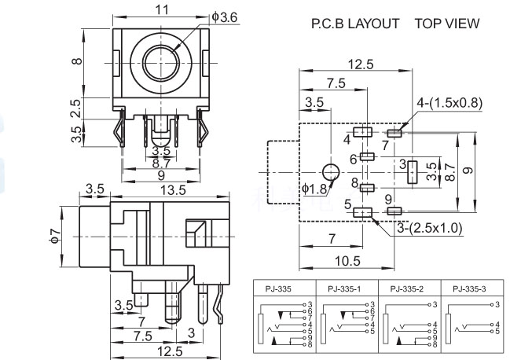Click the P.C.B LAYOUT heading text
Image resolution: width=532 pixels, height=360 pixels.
tap(355, 24)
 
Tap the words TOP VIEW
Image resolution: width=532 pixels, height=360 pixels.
tap(447, 24)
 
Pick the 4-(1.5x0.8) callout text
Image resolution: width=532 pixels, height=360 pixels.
tap(450, 101)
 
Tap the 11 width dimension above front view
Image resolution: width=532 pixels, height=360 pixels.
tap(163, 11)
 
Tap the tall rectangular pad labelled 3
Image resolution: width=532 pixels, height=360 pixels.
tap(411, 172)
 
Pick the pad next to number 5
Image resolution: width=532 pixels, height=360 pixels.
tap(362, 211)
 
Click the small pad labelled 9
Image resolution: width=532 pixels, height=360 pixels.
tap(394, 211)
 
